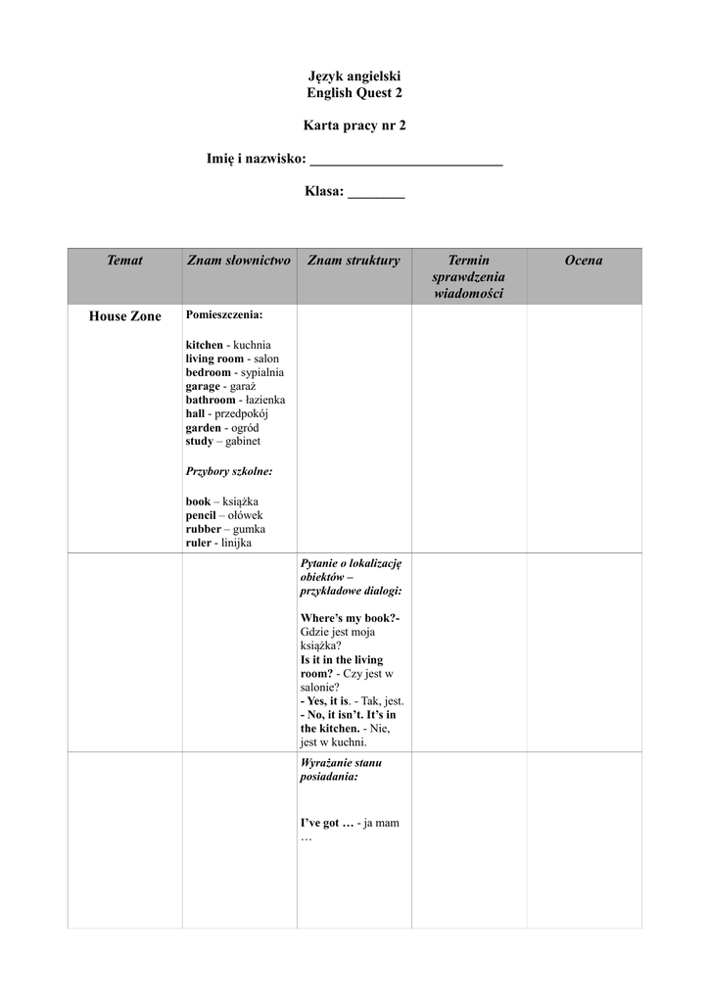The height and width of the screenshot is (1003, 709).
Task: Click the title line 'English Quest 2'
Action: [x=354, y=93]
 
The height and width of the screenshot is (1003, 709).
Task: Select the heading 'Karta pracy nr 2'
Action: [x=354, y=126]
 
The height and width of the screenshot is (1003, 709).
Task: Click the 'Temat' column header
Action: [x=124, y=261]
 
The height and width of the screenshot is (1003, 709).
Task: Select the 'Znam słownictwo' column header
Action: [x=239, y=261]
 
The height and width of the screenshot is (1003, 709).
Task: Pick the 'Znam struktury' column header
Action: [x=354, y=261]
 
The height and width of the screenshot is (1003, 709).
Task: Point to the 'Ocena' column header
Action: [x=584, y=261]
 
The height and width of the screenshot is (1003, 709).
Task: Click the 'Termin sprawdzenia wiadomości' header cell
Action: [x=468, y=276]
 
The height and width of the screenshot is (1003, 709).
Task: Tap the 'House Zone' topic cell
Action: [x=124, y=316]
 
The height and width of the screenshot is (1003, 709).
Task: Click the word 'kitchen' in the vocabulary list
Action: [x=205, y=345]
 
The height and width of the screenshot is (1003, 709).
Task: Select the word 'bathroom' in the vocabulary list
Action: [x=211, y=400]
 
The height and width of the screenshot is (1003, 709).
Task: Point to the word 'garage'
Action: [x=203, y=386]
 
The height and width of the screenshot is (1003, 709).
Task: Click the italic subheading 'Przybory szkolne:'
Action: [x=229, y=471]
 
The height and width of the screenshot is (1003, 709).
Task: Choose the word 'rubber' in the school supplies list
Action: [x=204, y=529]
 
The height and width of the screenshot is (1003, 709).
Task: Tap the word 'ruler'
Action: [x=198, y=543]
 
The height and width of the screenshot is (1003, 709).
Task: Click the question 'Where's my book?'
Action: [x=350, y=618]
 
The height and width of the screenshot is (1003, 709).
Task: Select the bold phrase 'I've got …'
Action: [x=327, y=823]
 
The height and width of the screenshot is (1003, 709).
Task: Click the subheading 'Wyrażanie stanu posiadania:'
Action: [x=342, y=769]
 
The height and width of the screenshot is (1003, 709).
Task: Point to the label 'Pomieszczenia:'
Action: [x=224, y=315]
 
